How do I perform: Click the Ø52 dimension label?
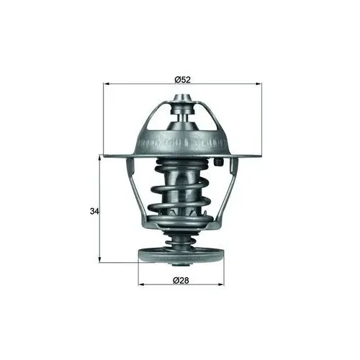tap(182, 79)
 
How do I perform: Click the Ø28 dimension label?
tap(181, 280)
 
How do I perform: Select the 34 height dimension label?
tap(94, 212)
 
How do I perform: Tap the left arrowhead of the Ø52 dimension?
tap(106, 84)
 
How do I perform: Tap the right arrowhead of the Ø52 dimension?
tap(258, 84)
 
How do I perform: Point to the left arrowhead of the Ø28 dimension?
tap(141, 284)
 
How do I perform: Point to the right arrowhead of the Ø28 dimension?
tap(221, 284)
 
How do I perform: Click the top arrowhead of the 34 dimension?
tap(99, 158)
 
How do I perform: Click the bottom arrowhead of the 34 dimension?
tap(99, 260)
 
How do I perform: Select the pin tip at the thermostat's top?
tap(183, 98)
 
